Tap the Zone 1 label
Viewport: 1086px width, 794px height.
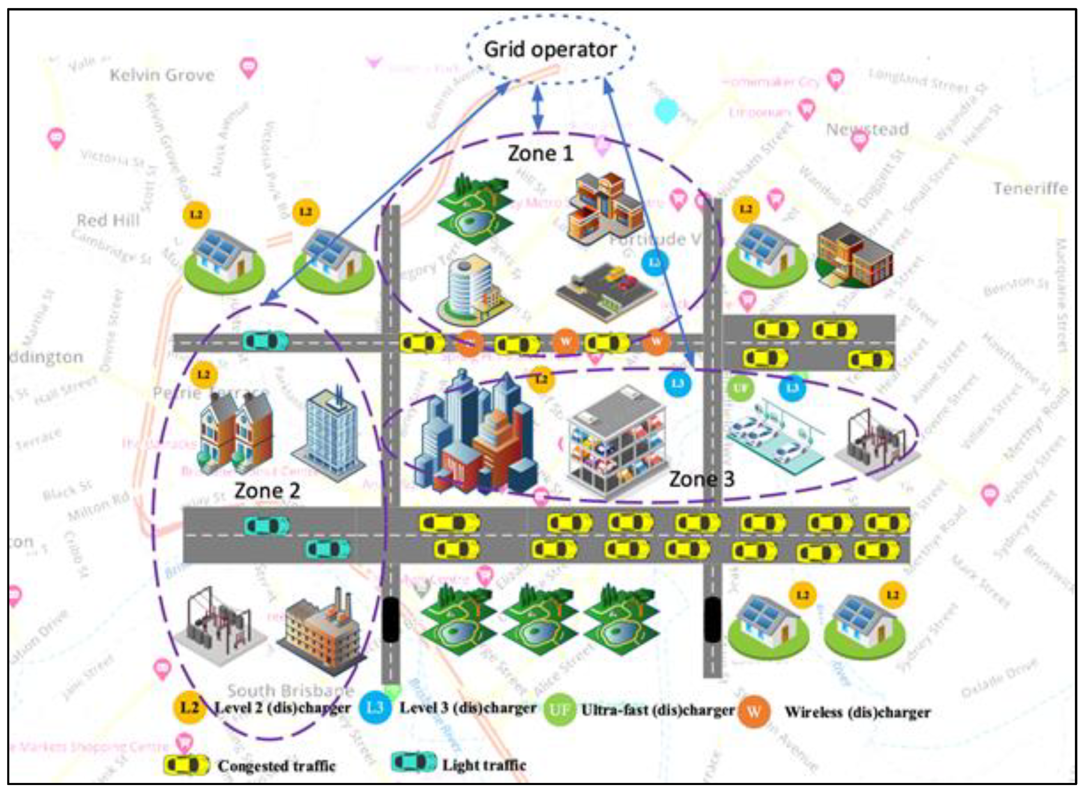(x=541, y=154)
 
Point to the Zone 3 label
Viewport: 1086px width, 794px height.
(x=702, y=479)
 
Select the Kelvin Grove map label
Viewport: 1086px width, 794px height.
(x=162, y=75)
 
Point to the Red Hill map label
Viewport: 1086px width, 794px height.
(x=108, y=220)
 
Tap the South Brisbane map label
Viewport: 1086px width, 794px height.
(x=290, y=691)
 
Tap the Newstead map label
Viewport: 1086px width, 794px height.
(x=867, y=129)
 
